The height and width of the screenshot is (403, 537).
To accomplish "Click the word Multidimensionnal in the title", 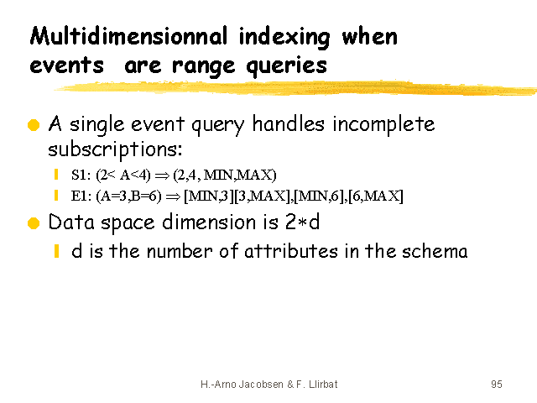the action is [x=128, y=36].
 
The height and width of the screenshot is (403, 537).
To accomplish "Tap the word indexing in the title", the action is [x=284, y=37].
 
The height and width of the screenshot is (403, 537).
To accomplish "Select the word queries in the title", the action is [x=286, y=65].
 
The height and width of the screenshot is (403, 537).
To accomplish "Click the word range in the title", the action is [x=203, y=67].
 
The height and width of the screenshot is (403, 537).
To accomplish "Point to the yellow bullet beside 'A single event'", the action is [x=34, y=125].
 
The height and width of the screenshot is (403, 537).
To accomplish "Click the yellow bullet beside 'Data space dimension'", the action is [x=34, y=223].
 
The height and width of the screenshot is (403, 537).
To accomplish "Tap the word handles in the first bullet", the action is [x=288, y=123].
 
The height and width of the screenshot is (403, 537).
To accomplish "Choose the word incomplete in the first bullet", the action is [x=383, y=125].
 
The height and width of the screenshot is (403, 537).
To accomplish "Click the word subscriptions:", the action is [x=115, y=150].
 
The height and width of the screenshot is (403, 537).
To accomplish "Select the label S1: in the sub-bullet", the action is [x=81, y=175].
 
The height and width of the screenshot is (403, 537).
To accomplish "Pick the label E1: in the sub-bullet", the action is [x=81, y=196].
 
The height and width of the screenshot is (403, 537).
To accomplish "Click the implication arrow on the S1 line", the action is [x=162, y=176].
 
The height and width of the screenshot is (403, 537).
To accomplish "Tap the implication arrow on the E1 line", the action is [x=173, y=197].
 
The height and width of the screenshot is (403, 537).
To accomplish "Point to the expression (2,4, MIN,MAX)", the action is [x=225, y=175].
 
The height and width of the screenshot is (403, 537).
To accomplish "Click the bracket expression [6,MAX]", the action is [x=376, y=196].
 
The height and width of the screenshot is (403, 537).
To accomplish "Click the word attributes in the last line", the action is [x=291, y=251].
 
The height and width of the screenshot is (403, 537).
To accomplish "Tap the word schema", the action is [x=435, y=251].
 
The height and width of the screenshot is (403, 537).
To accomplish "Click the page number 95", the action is [x=497, y=385].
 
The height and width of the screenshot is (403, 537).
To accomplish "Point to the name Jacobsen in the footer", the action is [x=261, y=385].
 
